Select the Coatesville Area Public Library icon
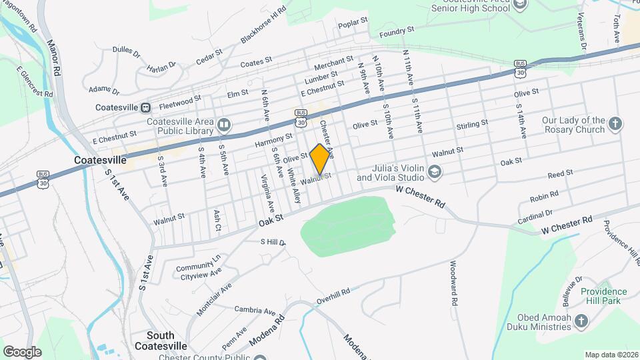tap(224, 125)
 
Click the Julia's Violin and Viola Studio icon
tap(435, 173)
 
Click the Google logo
tap(22, 351)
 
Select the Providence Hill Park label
tap(604, 296)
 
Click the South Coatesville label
tap(154, 340)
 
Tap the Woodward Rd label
tap(454, 283)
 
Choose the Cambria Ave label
tap(255, 311)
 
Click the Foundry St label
tap(397, 31)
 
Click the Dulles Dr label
tap(126, 51)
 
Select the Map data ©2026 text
tap(611, 355)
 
